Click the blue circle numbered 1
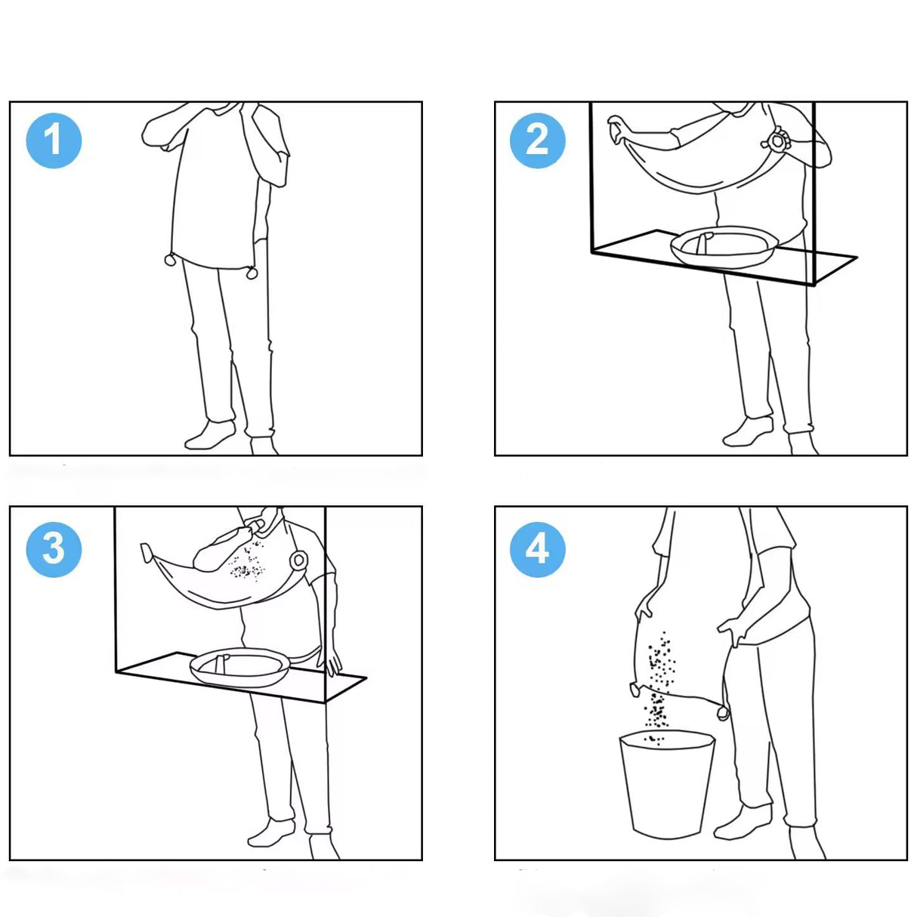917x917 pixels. pyautogui.click(x=54, y=140)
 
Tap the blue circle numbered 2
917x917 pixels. pyautogui.click(x=538, y=140)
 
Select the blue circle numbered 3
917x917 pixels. pyautogui.click(x=54, y=550)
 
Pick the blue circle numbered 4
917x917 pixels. pyautogui.click(x=538, y=550)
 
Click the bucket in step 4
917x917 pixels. pyautogui.click(x=667, y=784)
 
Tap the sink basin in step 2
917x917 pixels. pyautogui.click(x=724, y=245)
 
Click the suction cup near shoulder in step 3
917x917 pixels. pyautogui.click(x=299, y=560)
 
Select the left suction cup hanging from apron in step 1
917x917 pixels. pyautogui.click(x=171, y=260)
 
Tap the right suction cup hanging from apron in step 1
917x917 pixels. pyautogui.click(x=252, y=273)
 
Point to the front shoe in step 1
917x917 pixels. pyautogui.click(x=210, y=434)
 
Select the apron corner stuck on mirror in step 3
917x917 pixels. pyautogui.click(x=147, y=552)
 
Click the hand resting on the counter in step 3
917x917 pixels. pyautogui.click(x=330, y=660)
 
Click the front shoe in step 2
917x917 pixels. pyautogui.click(x=749, y=431)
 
